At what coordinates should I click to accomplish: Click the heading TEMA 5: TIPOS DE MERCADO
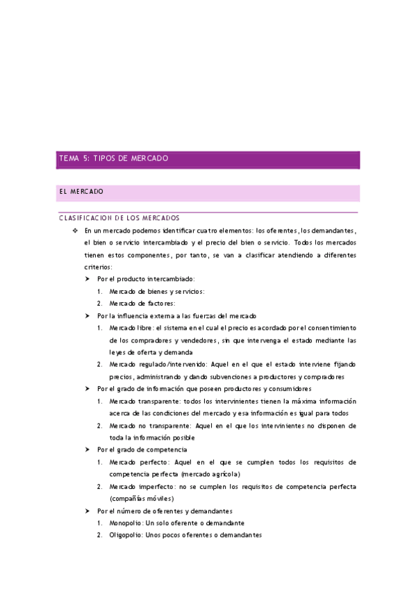pyautogui.click(x=113, y=159)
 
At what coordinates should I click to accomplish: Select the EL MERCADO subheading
pyautogui.click(x=81, y=191)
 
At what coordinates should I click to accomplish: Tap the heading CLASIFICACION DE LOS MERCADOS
pyautogui.click(x=119, y=217)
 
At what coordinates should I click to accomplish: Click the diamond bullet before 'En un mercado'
pyautogui.click(x=74, y=230)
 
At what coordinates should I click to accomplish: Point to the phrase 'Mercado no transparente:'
pyautogui.click(x=148, y=425)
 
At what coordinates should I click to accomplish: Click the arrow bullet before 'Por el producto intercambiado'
pyautogui.click(x=88, y=279)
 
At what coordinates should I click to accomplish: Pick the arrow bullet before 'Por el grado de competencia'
pyautogui.click(x=88, y=449)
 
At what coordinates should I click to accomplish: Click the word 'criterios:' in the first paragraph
pyautogui.click(x=98, y=266)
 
